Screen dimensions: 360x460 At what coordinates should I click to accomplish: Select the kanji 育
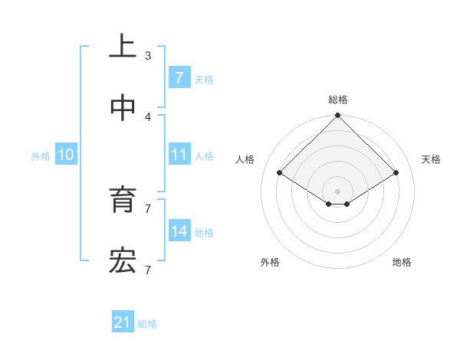(123, 201)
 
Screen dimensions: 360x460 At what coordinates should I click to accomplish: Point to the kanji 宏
(123, 262)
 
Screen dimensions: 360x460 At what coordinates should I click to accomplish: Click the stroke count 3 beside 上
(148, 55)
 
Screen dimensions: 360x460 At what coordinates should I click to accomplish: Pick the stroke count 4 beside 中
(148, 116)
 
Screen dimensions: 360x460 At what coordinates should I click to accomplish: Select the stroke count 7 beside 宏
(148, 270)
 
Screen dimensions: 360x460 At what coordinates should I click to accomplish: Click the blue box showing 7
(179, 77)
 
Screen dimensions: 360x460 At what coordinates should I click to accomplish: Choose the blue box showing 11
(179, 154)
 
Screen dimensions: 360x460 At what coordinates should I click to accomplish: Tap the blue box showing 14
(179, 231)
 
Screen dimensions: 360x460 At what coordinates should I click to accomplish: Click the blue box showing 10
(66, 155)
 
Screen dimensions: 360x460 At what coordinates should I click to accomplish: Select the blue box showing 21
(123, 322)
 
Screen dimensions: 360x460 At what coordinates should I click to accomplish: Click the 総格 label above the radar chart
(338, 100)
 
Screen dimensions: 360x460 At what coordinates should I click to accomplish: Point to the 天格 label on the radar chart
(432, 159)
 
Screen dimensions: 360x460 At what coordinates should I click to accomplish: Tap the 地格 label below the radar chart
(402, 262)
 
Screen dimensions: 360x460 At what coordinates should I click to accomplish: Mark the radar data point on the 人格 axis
(280, 172)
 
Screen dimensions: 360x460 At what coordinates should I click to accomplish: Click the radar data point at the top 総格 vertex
(338, 116)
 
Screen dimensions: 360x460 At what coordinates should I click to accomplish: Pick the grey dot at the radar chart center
(338, 191)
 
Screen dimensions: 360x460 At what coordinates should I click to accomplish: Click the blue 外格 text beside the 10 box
(41, 155)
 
